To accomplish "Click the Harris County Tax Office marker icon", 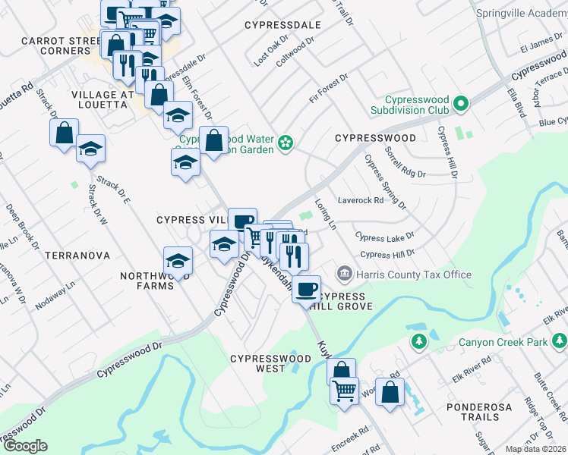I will tap(344, 272).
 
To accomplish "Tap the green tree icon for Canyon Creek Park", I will tap(418, 342).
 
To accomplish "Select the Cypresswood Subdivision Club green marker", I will tap(459, 102).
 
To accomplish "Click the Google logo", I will tap(24, 446).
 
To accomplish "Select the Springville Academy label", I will tap(522, 13).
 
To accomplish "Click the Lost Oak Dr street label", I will tap(272, 50).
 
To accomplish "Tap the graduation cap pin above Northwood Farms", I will tap(178, 261).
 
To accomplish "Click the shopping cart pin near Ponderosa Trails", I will tap(344, 391).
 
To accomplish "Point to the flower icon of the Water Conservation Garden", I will tap(286, 143).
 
